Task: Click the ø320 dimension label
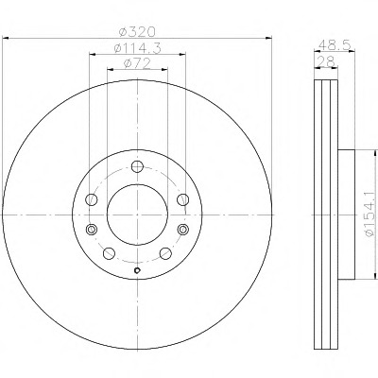tap(137, 31)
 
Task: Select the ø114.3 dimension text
tap(137, 48)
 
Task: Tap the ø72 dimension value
tap(137, 63)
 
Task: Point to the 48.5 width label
tap(335, 45)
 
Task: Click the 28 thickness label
tap(326, 60)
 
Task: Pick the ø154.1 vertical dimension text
tap(369, 215)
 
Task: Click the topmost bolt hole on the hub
tap(137, 166)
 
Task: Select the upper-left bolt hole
tap(92, 199)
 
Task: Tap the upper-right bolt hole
tap(182, 199)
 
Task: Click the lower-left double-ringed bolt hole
tap(92, 229)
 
